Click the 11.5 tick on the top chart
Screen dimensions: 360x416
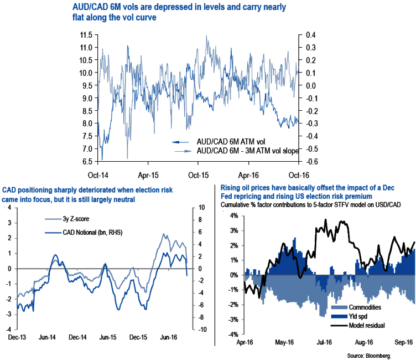[x=85, y=34]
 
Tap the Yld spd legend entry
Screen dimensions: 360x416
[x=357, y=316]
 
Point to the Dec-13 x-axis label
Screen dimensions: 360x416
[x=16, y=337]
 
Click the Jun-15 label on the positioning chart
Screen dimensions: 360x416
[x=108, y=337]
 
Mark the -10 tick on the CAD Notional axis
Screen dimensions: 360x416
[x=202, y=329]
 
